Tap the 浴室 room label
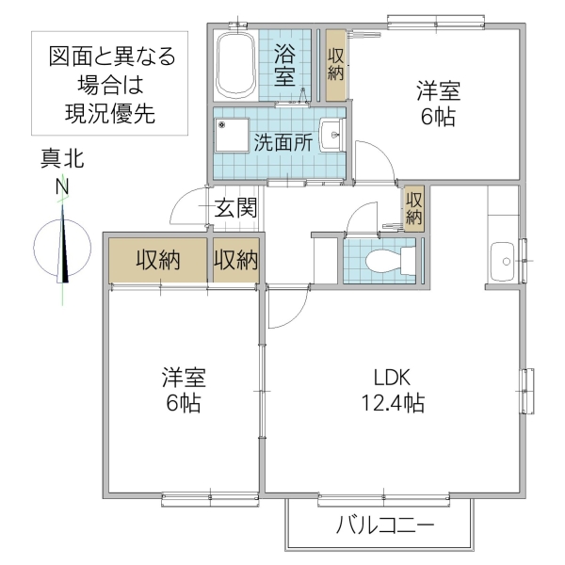[x=287, y=64]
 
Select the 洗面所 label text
[x=282, y=144]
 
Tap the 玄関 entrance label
[x=234, y=207]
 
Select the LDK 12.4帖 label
[x=391, y=391]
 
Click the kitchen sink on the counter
[x=501, y=255]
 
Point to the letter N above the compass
[x=62, y=186]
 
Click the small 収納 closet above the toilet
[x=413, y=207]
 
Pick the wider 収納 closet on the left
[x=157, y=260]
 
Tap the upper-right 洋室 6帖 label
[x=439, y=105]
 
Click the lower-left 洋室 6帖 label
[x=183, y=391]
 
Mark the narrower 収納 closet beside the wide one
[x=235, y=260]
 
